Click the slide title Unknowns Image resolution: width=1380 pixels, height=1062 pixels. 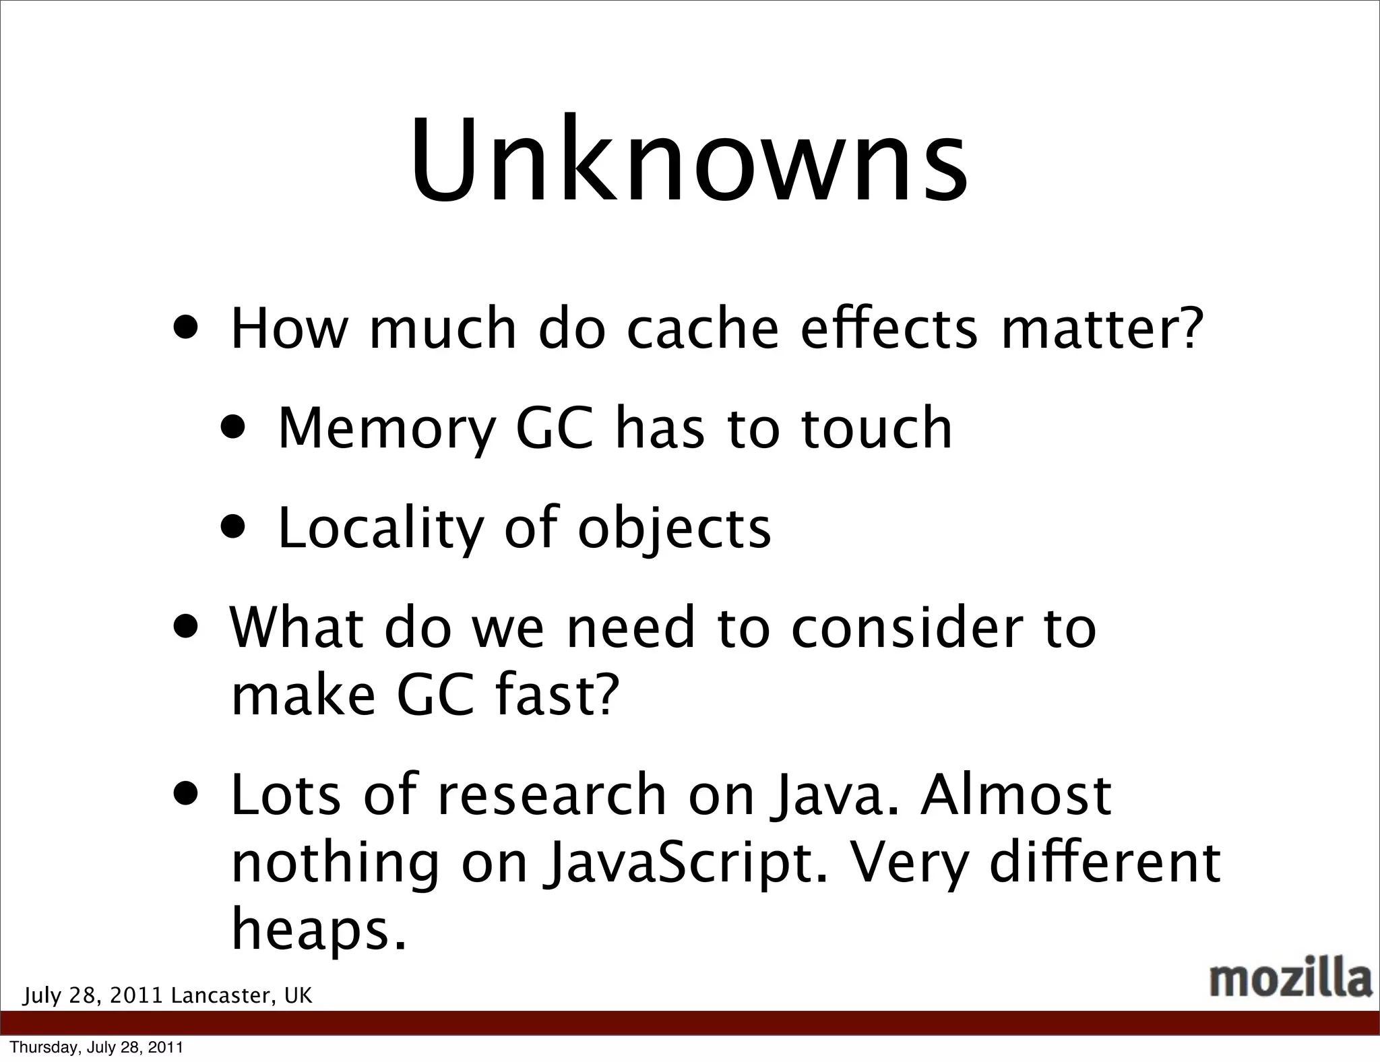click(x=689, y=160)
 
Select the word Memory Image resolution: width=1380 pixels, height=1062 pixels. click(x=387, y=429)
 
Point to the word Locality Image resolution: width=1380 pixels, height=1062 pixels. click(x=380, y=529)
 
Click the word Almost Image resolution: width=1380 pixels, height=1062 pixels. click(x=1016, y=795)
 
